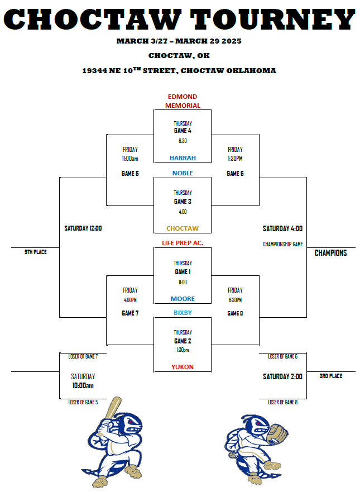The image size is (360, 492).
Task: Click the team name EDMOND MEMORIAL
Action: coord(183,101)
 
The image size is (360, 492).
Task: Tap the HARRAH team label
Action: coord(183,158)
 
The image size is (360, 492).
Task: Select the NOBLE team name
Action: coord(183,173)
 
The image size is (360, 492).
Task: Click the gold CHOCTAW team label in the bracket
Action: coord(183,228)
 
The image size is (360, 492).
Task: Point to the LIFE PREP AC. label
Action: coord(183,243)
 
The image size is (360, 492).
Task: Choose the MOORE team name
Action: coord(183,299)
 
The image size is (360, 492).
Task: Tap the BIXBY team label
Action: coord(183,313)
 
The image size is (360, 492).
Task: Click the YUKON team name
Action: coord(183,367)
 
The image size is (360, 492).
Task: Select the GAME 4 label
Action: coord(183,131)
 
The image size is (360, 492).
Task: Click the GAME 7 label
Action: coord(130,313)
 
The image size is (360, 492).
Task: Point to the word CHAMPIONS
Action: coord(330,253)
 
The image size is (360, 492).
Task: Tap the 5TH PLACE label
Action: coord(35,252)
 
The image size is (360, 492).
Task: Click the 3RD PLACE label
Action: coord(331,376)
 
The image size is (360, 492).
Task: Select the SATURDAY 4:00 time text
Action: coord(282,228)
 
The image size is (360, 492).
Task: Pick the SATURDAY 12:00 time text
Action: coord(83,228)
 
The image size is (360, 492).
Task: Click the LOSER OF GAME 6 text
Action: coord(282,356)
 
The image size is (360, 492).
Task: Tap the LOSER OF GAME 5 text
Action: coord(83,402)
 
